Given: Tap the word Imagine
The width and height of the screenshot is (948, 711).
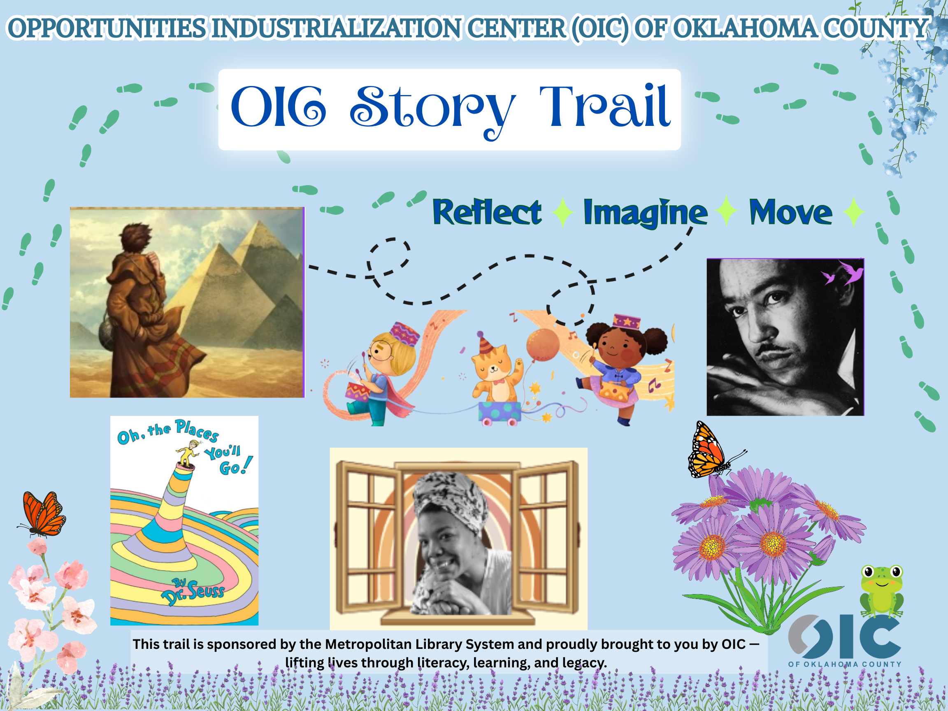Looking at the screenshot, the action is [x=646, y=213].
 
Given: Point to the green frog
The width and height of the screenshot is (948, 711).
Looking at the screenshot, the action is [x=882, y=590].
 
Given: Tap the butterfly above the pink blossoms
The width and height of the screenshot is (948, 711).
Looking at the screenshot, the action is [x=42, y=514].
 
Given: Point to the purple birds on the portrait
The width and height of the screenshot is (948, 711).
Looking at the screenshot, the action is [x=842, y=273].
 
